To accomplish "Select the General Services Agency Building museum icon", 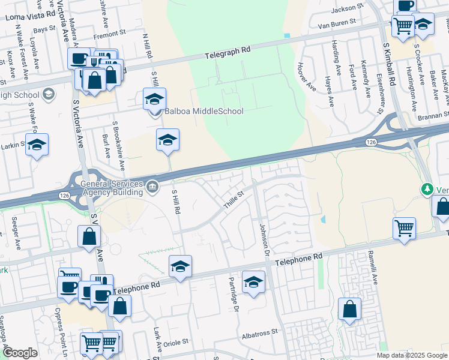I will click(152, 185).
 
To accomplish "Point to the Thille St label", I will click(234, 198).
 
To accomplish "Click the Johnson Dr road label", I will click(263, 238).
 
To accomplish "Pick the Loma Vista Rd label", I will click(29, 17).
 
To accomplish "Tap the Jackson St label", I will click(343, 9).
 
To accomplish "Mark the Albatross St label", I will click(259, 331).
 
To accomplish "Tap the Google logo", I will click(20, 353).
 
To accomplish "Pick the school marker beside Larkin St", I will click(37, 145).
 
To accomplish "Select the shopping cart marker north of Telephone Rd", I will click(405, 227).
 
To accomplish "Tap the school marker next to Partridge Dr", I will click(253, 281).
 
